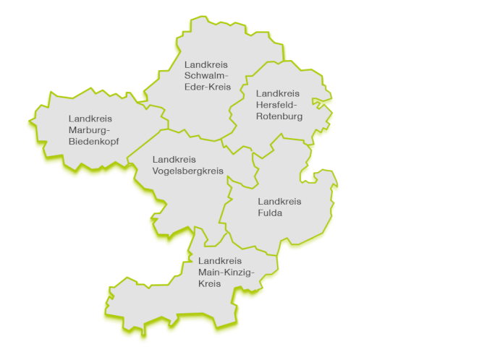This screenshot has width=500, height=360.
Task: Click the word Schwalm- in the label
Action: click(206, 76)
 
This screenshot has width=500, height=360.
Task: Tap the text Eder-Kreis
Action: click(208, 87)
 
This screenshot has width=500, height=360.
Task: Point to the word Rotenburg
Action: click(279, 116)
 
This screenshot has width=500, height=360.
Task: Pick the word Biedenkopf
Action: click(94, 141)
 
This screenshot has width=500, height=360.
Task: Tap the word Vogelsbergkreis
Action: click(188, 171)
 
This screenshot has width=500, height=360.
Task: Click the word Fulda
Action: click(270, 213)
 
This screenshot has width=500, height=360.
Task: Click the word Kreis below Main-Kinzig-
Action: click(210, 283)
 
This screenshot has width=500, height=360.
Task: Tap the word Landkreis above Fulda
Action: click(279, 202)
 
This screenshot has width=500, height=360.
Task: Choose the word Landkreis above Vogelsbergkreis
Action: click(174, 159)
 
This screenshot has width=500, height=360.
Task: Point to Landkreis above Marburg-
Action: click(90, 118)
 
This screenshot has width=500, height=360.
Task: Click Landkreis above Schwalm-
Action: click(206, 64)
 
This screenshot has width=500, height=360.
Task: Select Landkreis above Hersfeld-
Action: click(278, 93)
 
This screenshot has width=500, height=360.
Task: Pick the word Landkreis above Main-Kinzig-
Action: click(220, 260)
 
